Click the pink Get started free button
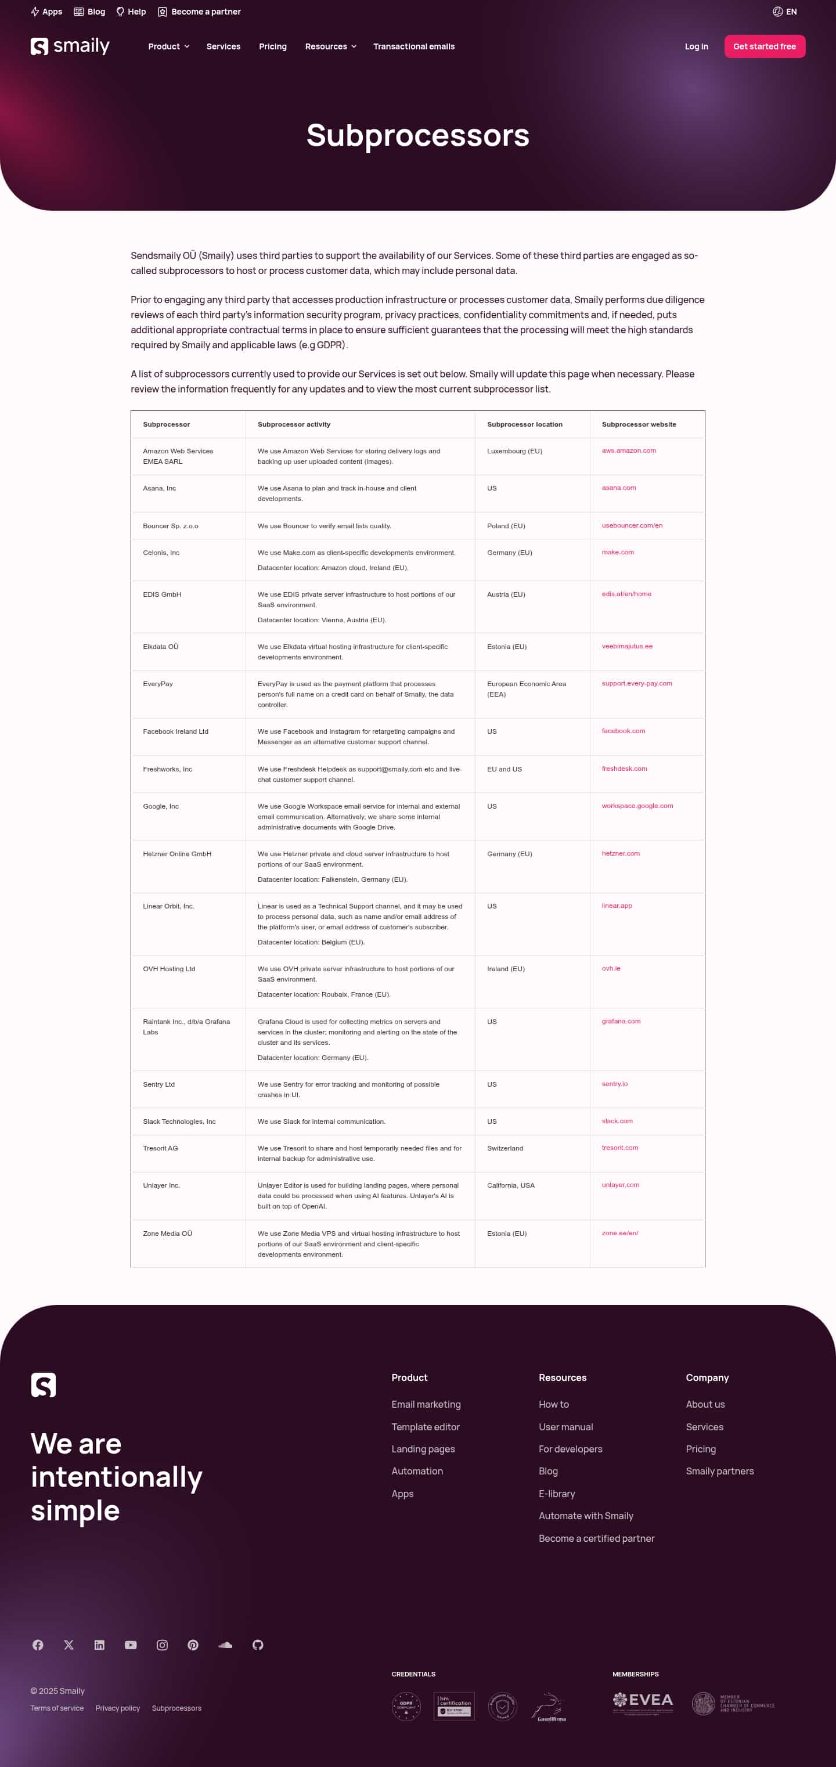point(764,46)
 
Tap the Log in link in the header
point(696,46)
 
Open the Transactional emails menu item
point(413,46)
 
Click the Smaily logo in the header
point(70,46)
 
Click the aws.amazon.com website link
point(628,450)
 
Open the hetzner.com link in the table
point(620,853)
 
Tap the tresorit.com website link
point(619,1148)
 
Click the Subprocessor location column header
point(524,424)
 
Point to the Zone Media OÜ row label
point(167,1234)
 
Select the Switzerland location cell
point(505,1148)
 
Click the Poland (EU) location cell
point(506,526)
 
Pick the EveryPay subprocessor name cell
point(158,684)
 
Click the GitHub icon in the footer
point(258,1645)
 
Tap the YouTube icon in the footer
point(130,1645)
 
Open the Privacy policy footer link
point(117,1708)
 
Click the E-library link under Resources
point(556,1494)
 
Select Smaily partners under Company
point(719,1471)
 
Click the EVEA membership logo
point(643,1702)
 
